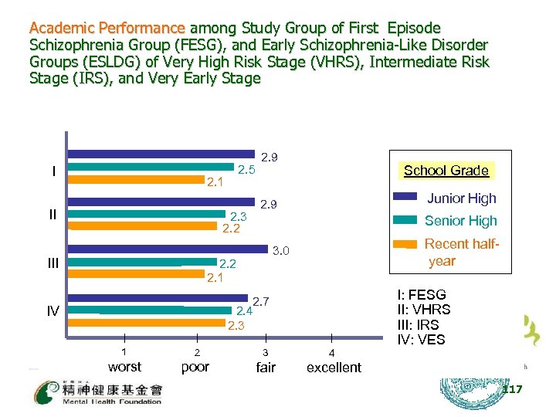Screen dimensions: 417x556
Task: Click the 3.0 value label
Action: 281,251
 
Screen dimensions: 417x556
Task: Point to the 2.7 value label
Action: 260,300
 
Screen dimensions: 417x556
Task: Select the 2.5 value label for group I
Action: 246,170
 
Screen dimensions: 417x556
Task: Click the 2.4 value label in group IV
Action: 244,312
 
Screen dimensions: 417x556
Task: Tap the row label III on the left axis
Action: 52,263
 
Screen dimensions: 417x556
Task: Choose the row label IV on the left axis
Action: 52,311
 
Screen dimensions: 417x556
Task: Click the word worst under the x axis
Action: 124,367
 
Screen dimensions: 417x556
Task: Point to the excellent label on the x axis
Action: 334,368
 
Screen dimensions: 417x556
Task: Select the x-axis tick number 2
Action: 197,352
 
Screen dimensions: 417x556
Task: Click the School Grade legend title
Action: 446,171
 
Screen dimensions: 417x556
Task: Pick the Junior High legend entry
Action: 461,198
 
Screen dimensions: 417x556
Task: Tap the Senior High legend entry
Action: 460,221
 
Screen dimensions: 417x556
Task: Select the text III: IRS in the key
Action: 423,324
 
